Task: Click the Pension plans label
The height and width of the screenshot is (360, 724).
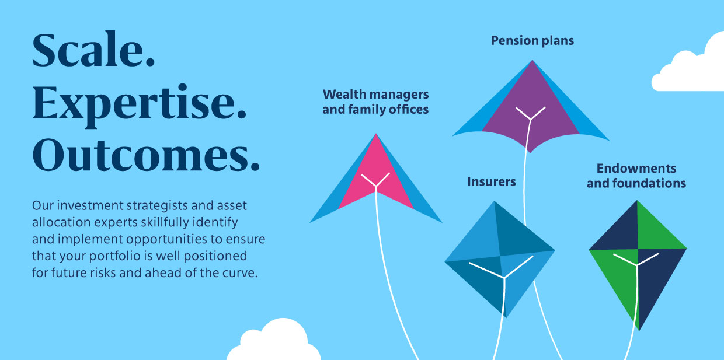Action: pos(532,41)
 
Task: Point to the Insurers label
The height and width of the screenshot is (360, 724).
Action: pos(491,182)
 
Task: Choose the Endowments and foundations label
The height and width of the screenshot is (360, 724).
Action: pos(636,176)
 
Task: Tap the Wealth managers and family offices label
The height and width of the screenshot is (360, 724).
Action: pos(375,102)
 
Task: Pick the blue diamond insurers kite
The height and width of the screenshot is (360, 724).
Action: pos(500,259)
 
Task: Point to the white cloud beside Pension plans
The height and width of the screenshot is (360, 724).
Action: pos(688,65)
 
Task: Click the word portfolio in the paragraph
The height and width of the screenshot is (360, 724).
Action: pos(114,256)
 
